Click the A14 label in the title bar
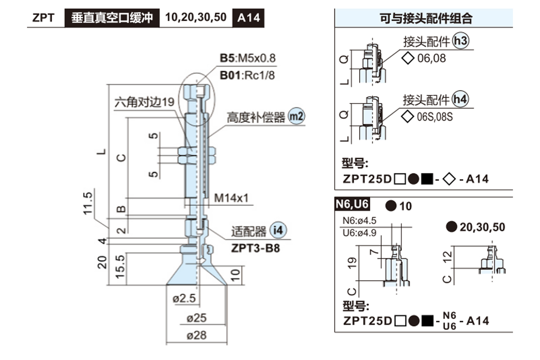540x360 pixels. pyautogui.click(x=247, y=18)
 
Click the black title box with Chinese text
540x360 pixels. pyautogui.click(x=112, y=18)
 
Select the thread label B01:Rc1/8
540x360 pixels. pyautogui.click(x=247, y=75)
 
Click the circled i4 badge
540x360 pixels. pyautogui.click(x=278, y=231)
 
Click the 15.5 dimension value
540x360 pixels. pyautogui.click(x=119, y=268)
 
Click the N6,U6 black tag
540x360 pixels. pyautogui.click(x=352, y=205)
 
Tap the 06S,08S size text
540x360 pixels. pyautogui.click(x=435, y=117)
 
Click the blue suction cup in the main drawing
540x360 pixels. pyautogui.click(x=196, y=272)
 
